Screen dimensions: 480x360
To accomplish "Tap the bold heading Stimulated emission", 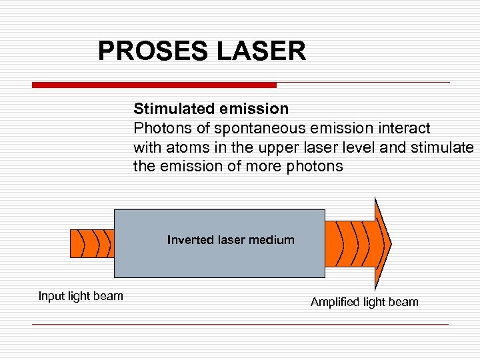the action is [x=211, y=109].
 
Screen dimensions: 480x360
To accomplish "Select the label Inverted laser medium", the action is [x=231, y=240].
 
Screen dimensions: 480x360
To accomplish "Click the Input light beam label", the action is [x=81, y=296].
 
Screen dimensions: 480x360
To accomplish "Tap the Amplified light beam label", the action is [x=365, y=302].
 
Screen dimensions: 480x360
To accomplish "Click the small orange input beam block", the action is [x=92, y=243].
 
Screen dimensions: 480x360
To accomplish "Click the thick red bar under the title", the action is [x=154, y=85].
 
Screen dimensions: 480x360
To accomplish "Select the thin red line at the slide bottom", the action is [x=240, y=324].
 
